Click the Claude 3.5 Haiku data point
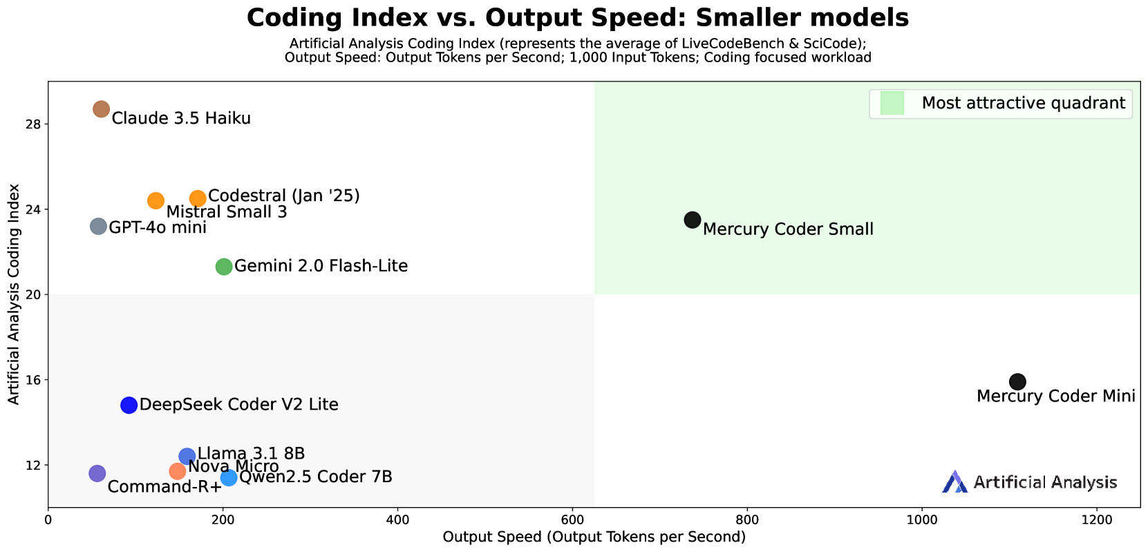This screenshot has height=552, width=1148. [x=102, y=109]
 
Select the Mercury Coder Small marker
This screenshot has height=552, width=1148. [x=693, y=220]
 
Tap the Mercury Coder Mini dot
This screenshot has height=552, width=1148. [x=1017, y=381]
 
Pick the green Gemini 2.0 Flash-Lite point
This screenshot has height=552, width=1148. [x=223, y=267]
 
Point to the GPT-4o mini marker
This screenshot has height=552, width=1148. [x=98, y=227]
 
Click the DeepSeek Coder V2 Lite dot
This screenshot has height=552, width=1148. [x=129, y=405]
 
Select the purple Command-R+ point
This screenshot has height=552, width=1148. [x=97, y=474]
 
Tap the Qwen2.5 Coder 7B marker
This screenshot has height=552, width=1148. [x=229, y=478]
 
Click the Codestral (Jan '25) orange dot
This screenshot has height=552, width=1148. [x=198, y=199]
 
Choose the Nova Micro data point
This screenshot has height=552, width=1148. [x=178, y=471]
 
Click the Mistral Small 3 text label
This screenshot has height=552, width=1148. [x=227, y=212]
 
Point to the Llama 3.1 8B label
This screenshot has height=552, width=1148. [x=251, y=454]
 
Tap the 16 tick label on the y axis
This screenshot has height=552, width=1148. [x=32, y=380]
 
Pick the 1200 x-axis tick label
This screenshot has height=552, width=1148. [x=1097, y=520]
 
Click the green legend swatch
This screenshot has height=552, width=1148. [x=892, y=103]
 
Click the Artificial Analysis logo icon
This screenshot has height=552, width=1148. [x=954, y=482]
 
